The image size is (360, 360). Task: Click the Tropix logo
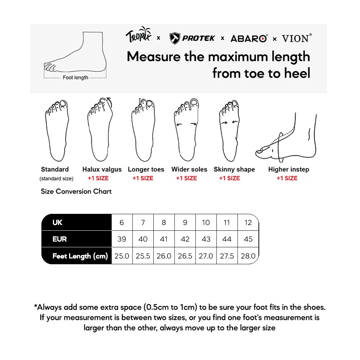(139, 35)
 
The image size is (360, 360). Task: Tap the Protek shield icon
(175, 38)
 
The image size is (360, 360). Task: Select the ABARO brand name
(249, 39)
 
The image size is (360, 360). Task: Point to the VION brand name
(297, 38)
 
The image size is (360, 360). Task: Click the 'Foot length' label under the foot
(76, 78)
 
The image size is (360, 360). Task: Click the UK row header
(57, 222)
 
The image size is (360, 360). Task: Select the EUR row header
(60, 239)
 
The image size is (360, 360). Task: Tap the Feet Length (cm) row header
(80, 256)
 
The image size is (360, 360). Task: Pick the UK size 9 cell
(185, 222)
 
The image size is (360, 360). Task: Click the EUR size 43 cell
(206, 239)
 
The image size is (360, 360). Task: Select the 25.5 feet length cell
(143, 256)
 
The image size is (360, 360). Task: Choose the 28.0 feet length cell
(248, 256)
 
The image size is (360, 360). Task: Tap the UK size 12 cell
(248, 222)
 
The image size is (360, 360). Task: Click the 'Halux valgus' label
(102, 170)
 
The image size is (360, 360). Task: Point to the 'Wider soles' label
(189, 169)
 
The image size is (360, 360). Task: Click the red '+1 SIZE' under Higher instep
(287, 178)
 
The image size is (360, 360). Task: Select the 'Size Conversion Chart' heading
(76, 191)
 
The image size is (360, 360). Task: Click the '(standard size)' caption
(57, 179)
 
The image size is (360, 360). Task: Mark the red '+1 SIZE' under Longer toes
(143, 178)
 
